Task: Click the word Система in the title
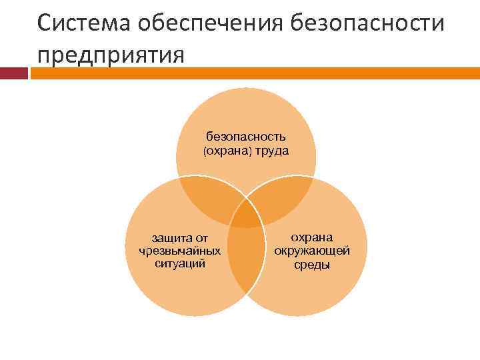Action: (x=85, y=25)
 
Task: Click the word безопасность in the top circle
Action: (x=246, y=137)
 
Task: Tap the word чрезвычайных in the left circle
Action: (x=180, y=251)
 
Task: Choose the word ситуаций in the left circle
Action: (x=180, y=263)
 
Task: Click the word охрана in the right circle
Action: (x=313, y=238)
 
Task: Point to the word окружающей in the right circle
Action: (x=312, y=251)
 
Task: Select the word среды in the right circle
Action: (x=312, y=264)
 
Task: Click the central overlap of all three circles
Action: (x=246, y=215)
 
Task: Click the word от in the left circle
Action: (x=201, y=238)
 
